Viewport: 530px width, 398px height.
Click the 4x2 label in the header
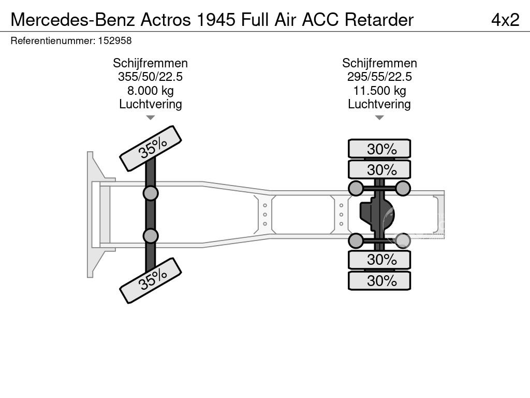[x=505, y=19]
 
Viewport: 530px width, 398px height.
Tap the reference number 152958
[x=114, y=40]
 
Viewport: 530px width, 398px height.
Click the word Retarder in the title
[x=379, y=19]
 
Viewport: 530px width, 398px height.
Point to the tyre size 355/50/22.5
[x=150, y=77]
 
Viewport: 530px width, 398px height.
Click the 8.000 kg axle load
[x=150, y=91]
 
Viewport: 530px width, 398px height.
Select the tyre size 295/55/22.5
[x=379, y=77]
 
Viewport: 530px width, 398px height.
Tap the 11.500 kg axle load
[x=379, y=91]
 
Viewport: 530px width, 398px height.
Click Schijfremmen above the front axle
[x=150, y=63]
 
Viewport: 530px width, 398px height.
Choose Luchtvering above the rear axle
[x=379, y=104]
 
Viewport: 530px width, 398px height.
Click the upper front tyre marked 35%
[x=151, y=149]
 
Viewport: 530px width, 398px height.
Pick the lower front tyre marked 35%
[x=151, y=280]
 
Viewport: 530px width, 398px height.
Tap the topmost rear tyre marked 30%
[x=379, y=149]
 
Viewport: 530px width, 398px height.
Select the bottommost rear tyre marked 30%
[x=379, y=281]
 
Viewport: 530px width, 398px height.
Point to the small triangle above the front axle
[x=150, y=118]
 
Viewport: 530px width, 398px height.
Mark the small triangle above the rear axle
[x=379, y=118]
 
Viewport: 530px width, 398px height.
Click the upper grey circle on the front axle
[x=150, y=193]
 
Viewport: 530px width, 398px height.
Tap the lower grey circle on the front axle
[x=150, y=236]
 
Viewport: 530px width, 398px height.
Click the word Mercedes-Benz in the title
[x=72, y=19]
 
